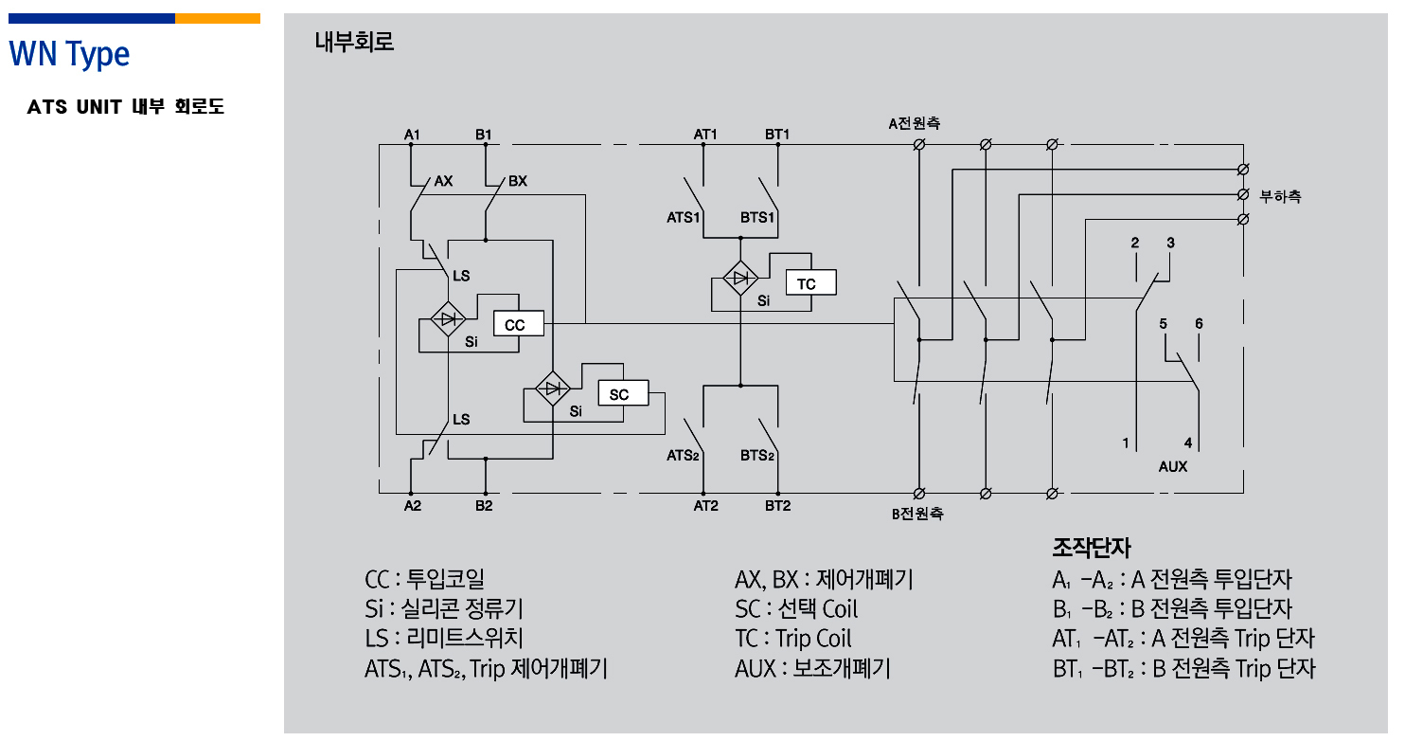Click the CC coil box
(x=518, y=325)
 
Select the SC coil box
(x=622, y=393)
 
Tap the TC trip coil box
(x=809, y=283)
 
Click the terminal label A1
(x=412, y=135)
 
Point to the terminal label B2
(x=484, y=506)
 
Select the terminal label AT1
(x=705, y=135)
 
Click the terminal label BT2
(x=777, y=506)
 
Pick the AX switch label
(x=443, y=180)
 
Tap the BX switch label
(x=517, y=180)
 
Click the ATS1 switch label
(x=684, y=217)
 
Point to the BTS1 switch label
(x=757, y=217)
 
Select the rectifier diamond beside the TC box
(x=740, y=278)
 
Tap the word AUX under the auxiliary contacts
(x=1172, y=467)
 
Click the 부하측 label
(x=1280, y=197)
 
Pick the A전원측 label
(x=914, y=123)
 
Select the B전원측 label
(x=916, y=515)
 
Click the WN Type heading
(x=69, y=54)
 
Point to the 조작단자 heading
(x=1091, y=548)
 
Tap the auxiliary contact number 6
(x=1199, y=323)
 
